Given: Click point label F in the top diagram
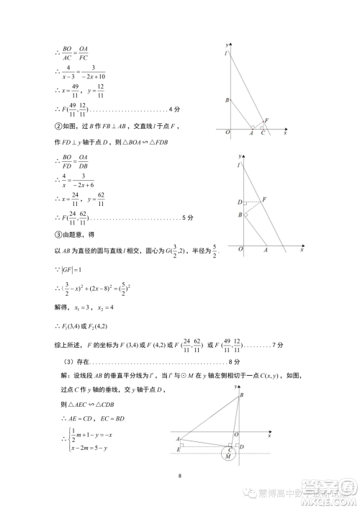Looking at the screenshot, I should pos(266,120).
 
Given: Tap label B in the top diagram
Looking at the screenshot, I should pos(227,100).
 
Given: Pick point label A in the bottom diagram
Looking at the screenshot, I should pos(176,438).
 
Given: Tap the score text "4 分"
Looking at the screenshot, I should pos(174,109).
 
